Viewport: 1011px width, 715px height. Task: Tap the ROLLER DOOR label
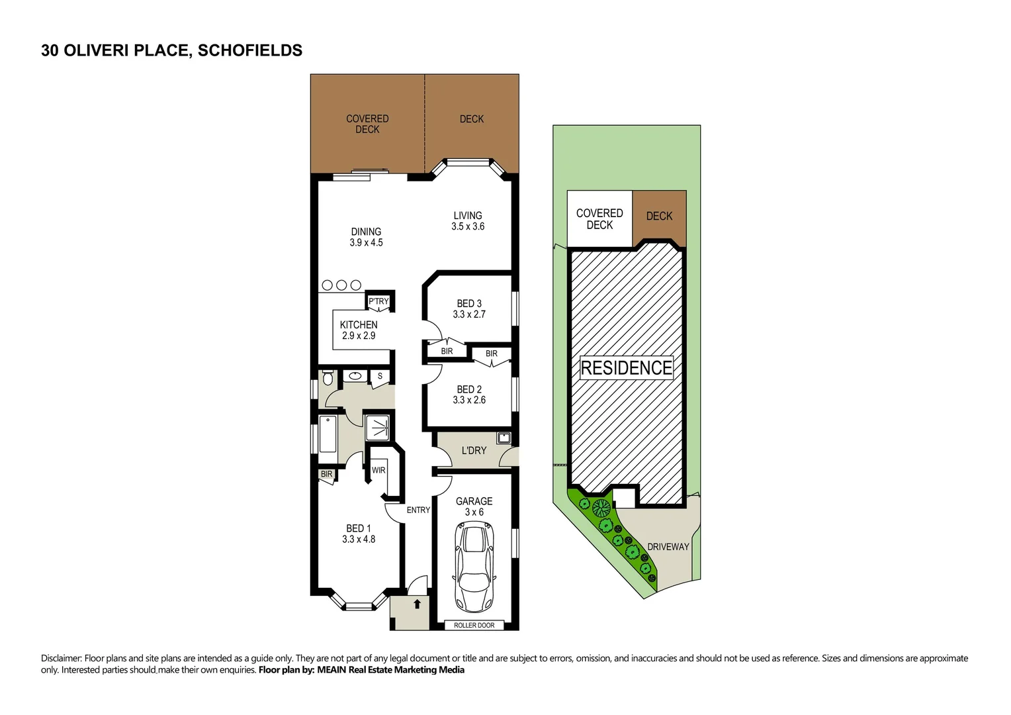point(474,625)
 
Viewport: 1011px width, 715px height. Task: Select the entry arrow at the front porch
point(417,604)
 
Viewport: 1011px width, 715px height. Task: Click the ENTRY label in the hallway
point(418,510)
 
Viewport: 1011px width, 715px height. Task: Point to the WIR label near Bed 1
point(378,470)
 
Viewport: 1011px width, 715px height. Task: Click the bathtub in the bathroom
point(328,434)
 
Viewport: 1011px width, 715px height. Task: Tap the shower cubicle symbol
point(378,428)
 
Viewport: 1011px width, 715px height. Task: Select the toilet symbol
point(327,379)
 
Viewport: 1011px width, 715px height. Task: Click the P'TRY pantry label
point(378,301)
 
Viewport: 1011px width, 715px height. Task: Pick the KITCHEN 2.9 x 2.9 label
point(359,330)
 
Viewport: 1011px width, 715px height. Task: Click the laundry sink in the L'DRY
point(503,438)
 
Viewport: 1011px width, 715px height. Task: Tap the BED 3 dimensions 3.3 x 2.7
point(469,314)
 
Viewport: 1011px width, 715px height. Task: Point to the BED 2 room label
point(469,389)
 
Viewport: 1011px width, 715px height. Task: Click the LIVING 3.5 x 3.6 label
point(468,220)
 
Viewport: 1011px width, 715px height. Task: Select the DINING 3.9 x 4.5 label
point(366,237)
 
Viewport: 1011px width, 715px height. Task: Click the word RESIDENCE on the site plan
point(626,368)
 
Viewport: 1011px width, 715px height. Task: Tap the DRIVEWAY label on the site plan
point(668,547)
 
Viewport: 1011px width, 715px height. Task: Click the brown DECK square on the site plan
point(659,216)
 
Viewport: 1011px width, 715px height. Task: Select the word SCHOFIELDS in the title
point(250,50)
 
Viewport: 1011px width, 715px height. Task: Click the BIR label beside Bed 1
point(326,474)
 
